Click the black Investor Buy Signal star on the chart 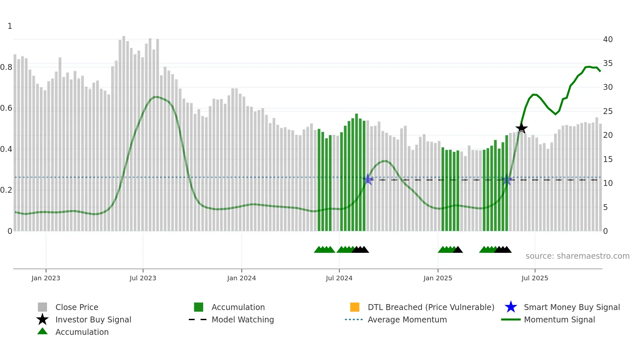click(x=521, y=128)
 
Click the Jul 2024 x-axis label click(x=339, y=278)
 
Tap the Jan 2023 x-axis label click(x=46, y=278)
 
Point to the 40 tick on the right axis click(x=608, y=39)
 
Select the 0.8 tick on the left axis click(x=6, y=67)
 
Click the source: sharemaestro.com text click(x=577, y=256)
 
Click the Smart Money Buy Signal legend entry click(x=571, y=307)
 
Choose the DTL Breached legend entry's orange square click(x=355, y=307)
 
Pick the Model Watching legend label click(x=243, y=319)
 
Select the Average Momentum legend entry click(x=407, y=319)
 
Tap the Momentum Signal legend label click(x=559, y=319)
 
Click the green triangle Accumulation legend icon click(x=42, y=331)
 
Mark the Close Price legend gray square click(x=42, y=307)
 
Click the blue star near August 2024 click(x=368, y=179)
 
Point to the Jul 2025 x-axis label click(x=535, y=278)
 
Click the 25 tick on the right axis click(x=608, y=111)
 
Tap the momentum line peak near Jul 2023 click(x=156, y=97)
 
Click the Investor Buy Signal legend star click(x=42, y=319)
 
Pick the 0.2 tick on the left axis click(x=6, y=190)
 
